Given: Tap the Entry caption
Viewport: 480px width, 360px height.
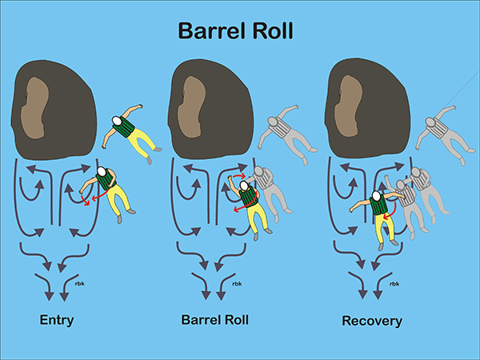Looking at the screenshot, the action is click(57, 321).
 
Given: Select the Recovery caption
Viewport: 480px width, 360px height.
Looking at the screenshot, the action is click(372, 321).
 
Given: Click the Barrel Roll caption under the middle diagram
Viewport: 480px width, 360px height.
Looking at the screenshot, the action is click(215, 319).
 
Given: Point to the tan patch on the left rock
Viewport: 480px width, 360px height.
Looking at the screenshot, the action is click(34, 107).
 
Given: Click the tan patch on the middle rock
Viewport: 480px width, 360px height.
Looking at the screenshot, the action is click(192, 107).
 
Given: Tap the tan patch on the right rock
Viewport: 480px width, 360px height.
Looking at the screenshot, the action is click(348, 106).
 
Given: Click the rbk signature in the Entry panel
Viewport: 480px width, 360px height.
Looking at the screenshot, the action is click(79, 283).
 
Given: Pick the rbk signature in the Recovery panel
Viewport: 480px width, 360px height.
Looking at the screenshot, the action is click(394, 284).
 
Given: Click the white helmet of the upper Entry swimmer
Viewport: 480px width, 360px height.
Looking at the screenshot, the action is click(117, 121).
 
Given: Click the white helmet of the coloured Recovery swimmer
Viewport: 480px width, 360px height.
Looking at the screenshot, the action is click(376, 196).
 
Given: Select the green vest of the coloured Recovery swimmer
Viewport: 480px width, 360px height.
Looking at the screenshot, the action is click(379, 205).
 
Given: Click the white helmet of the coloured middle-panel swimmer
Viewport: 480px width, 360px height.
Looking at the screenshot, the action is click(244, 186).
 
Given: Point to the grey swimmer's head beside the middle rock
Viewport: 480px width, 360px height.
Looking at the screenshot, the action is click(273, 121).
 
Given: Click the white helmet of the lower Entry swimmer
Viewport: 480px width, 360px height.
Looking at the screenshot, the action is click(102, 171).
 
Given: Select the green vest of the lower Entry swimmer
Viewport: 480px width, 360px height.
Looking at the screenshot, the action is click(106, 178).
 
